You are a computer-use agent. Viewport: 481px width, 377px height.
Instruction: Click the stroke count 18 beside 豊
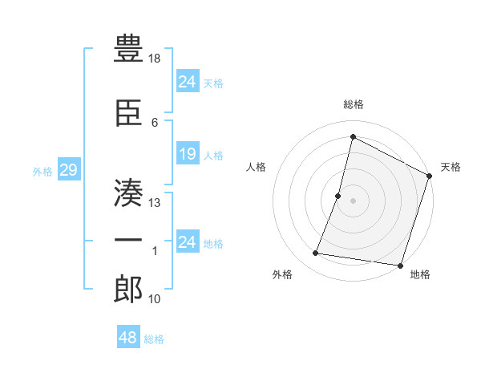point(156,59)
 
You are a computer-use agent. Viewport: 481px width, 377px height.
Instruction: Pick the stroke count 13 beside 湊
point(156,202)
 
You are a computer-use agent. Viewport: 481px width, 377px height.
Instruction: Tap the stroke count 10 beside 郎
point(156,299)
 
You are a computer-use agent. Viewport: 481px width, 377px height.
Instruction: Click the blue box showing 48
point(128,338)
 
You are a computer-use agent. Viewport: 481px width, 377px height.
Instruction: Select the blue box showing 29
point(68,170)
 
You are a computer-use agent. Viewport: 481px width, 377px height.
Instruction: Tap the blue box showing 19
point(188,154)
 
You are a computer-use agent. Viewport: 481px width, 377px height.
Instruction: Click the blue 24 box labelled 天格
point(188,82)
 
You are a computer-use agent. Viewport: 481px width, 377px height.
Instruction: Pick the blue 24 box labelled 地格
point(188,242)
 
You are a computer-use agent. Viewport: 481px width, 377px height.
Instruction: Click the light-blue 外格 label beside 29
point(42,171)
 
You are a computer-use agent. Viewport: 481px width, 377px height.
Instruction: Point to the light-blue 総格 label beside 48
point(154,339)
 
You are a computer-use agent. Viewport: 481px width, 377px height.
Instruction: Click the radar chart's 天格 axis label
point(451,167)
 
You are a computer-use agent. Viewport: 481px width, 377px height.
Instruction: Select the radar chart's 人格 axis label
point(257,167)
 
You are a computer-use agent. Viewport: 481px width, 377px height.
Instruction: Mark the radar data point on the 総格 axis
point(353,136)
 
